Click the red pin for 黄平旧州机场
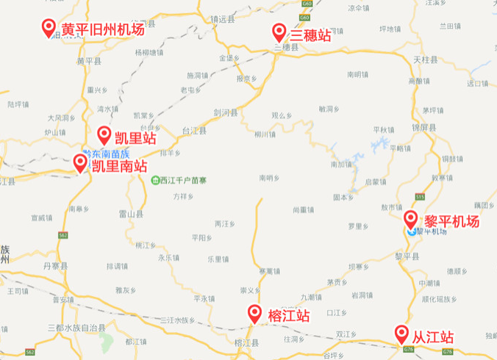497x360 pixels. [49, 28]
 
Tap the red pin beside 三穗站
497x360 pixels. [279, 32]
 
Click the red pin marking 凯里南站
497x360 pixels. [80, 163]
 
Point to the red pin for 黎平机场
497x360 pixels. [412, 219]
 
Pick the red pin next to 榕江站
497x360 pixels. [255, 314]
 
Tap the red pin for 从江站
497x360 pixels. [401, 334]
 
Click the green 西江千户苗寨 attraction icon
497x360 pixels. [154, 180]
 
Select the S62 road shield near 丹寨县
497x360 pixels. [62, 235]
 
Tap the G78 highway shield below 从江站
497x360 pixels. [409, 350]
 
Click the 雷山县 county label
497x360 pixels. [130, 213]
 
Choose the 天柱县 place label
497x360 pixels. [424, 59]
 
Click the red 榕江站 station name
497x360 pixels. [289, 316]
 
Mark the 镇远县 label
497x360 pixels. [221, 20]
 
